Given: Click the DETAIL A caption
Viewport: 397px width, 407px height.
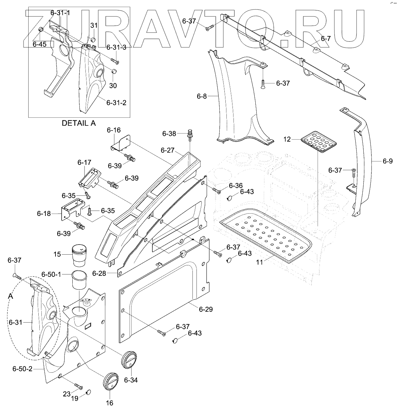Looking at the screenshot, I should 78,123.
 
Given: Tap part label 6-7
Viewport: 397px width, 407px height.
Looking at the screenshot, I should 325,39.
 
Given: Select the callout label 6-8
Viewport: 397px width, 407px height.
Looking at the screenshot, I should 202,97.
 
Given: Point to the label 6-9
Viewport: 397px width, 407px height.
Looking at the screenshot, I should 388,161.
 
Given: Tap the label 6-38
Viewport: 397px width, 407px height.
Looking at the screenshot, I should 169,134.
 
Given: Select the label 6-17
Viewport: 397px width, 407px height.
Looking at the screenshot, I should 84,162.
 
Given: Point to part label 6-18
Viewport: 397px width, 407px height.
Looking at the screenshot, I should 44,214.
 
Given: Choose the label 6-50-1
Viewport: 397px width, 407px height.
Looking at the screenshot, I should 51,274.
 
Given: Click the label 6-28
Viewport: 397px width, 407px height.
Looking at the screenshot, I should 99,273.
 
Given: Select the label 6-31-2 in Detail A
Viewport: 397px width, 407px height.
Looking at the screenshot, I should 116,102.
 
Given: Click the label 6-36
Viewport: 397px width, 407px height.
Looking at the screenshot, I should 236,186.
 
